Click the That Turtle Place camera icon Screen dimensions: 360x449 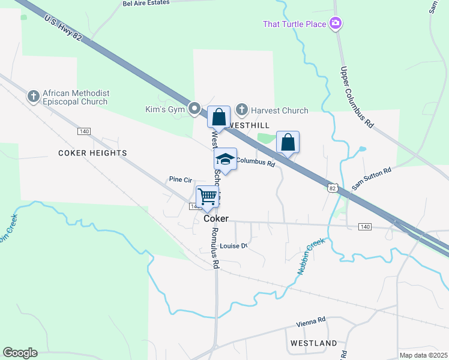336,24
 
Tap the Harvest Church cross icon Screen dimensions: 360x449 241,110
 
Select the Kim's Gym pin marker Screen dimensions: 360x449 194,109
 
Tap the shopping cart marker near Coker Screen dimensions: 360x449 207,197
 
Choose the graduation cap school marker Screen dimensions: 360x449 225,160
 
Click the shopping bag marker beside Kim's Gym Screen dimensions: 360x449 219,116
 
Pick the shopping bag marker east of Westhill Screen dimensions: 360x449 288,143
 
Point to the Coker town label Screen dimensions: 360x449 216,218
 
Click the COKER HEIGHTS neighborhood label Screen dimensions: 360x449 92,153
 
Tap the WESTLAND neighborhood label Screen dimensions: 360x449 313,343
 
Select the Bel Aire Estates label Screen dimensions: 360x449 146,2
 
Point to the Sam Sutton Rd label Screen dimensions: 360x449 372,179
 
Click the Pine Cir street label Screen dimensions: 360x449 180,179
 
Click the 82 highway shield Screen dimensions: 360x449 332,188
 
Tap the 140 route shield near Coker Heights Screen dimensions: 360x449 83,131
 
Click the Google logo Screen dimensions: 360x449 20,353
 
